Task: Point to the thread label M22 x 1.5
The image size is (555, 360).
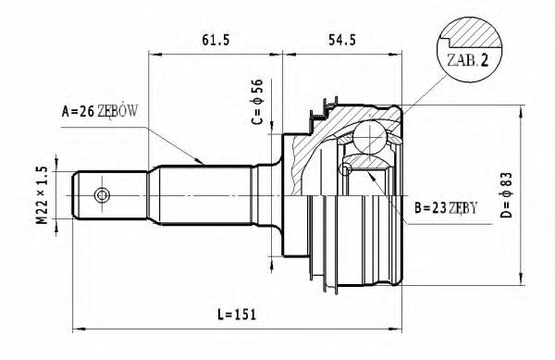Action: (40, 195)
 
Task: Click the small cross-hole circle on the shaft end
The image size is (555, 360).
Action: (101, 195)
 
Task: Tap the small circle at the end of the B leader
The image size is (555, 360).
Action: (346, 169)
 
